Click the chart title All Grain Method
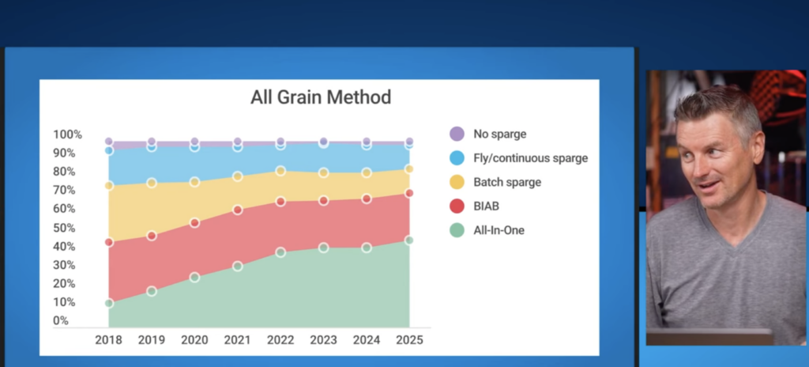(321, 97)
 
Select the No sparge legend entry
(488, 134)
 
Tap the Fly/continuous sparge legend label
(530, 158)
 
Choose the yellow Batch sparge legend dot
(457, 182)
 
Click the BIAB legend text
(486, 206)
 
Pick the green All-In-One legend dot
(457, 230)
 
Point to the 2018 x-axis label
(108, 339)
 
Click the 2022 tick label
(280, 339)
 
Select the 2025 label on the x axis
(409, 339)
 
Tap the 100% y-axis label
(68, 134)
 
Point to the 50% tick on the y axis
(65, 228)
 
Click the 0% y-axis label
(61, 320)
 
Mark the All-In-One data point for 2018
(109, 303)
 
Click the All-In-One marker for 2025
(409, 240)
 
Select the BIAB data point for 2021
(237, 210)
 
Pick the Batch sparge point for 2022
(280, 171)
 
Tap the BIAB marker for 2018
(109, 242)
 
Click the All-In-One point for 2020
(194, 278)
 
